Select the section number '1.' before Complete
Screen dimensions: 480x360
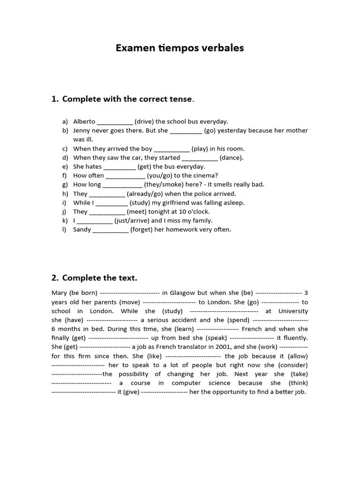coord(55,99)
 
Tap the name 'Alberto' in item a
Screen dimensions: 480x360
coord(84,121)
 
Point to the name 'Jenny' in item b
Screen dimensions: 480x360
coord(82,130)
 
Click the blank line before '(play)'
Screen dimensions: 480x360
coord(172,149)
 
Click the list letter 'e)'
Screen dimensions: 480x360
coord(65,166)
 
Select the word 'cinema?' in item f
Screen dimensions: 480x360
coord(207,175)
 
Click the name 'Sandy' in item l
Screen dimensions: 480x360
coord(82,230)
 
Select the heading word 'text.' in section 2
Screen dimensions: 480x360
coord(128,278)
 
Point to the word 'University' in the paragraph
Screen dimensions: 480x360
coord(293,311)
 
